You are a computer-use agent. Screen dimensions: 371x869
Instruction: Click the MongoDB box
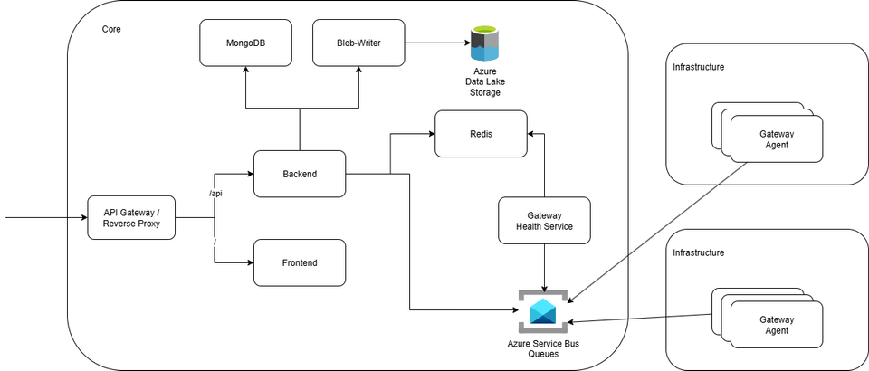tap(245, 43)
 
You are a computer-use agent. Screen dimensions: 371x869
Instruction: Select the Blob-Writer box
tap(358, 43)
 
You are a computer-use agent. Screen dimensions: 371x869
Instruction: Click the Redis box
tap(481, 133)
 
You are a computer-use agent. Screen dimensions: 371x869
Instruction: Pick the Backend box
tap(300, 174)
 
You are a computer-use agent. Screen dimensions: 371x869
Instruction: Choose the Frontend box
tap(300, 262)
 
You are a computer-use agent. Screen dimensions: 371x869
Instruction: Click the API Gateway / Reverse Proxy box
tap(131, 218)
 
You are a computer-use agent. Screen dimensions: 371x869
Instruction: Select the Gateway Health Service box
tap(544, 222)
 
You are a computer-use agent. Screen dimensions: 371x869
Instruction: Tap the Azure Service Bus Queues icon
tap(543, 311)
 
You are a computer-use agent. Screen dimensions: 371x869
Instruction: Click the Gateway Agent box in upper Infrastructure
tap(777, 140)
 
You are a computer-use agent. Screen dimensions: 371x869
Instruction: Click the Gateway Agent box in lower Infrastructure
tap(777, 325)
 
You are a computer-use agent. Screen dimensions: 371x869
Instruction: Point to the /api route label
tap(215, 194)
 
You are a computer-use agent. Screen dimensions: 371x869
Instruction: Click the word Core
tap(111, 29)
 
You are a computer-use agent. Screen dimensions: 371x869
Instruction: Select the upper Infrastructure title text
tap(698, 67)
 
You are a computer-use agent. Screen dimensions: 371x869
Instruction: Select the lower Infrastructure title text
tap(698, 252)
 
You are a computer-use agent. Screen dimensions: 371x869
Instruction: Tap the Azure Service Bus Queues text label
tap(544, 348)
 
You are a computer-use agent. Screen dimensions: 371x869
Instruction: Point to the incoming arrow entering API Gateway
tap(45, 218)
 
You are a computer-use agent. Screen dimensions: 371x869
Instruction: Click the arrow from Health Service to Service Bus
tap(544, 266)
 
